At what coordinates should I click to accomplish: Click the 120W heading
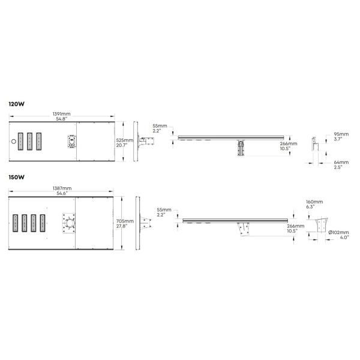tap(17, 104)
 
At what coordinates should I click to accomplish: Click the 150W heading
tap(17, 177)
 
